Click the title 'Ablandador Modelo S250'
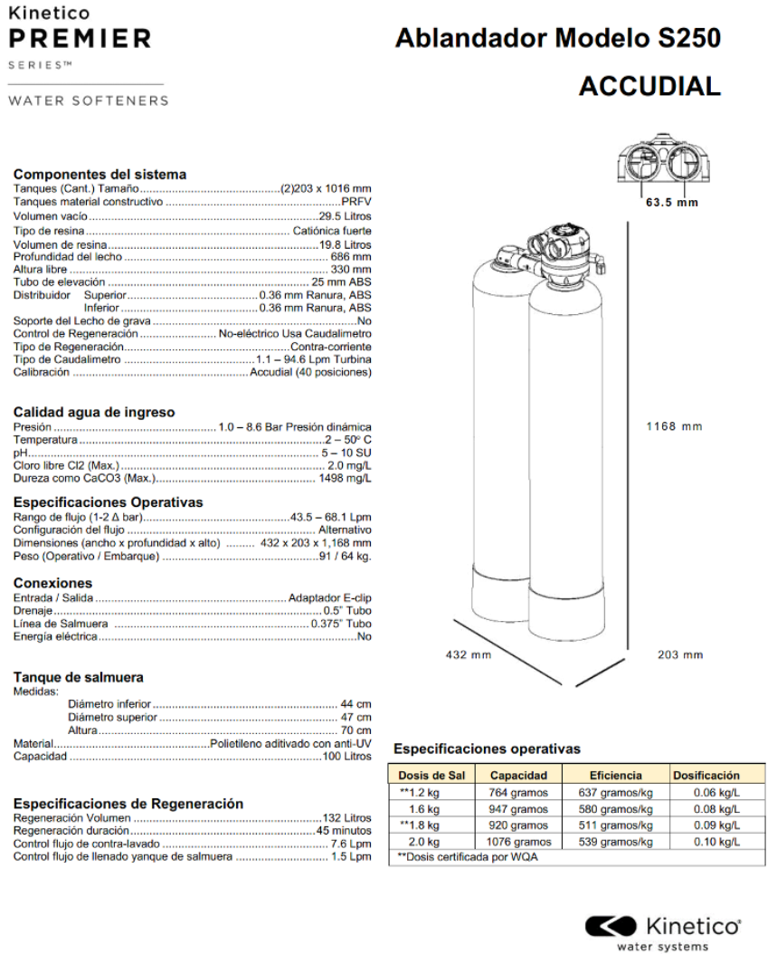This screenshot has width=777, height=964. point(558,39)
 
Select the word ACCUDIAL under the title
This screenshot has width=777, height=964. point(649,86)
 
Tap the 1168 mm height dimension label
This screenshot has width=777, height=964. point(673,426)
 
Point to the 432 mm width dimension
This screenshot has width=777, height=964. point(469,654)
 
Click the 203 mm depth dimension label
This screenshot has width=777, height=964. point(679,654)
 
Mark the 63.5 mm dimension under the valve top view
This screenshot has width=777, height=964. point(671,203)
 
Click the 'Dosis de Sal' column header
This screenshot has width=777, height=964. point(431,775)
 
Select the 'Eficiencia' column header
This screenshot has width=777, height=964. point(615,775)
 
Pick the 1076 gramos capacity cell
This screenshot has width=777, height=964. point(518,842)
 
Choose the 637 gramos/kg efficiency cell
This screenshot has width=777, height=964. point(615,792)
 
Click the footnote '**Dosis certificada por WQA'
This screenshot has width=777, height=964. point(468,857)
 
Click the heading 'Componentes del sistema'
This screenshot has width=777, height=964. point(99,174)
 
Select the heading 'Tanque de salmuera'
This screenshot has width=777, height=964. point(78,677)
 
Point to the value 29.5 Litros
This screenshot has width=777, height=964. point(345,217)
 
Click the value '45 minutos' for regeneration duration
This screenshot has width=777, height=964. point(344,830)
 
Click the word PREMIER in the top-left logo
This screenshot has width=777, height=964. point(79,38)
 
